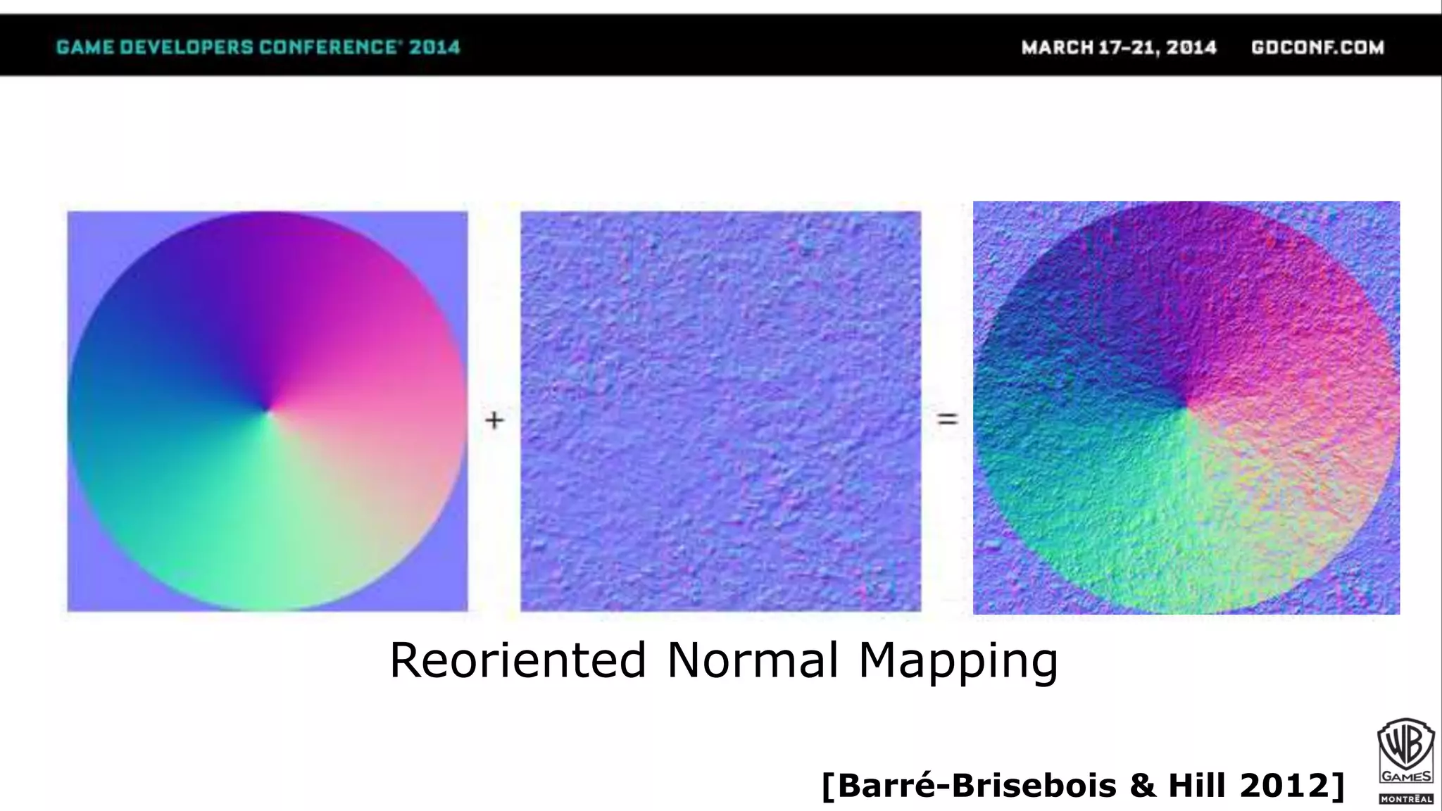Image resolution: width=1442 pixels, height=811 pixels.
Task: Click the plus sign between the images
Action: tap(494, 420)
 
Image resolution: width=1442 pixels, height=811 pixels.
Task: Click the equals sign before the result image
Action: tap(947, 420)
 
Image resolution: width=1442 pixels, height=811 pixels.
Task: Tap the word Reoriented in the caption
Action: tap(518, 660)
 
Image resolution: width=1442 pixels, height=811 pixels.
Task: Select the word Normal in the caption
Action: tap(752, 660)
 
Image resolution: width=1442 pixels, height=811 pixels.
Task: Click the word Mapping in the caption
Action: tap(958, 662)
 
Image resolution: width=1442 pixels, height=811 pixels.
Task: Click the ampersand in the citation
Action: tap(1141, 785)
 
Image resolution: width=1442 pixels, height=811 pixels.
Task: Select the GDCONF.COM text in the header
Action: tap(1317, 47)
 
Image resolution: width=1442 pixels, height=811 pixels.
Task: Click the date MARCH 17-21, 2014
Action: tap(1119, 47)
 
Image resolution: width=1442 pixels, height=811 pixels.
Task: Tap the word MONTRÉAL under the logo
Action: tap(1406, 799)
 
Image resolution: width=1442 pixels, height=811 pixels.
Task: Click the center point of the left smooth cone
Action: tap(268, 410)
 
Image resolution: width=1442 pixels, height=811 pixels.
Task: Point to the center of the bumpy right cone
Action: tap(1186, 407)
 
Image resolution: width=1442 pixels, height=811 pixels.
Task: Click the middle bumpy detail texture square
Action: tap(720, 411)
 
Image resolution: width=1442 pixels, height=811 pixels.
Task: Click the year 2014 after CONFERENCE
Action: tap(434, 47)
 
